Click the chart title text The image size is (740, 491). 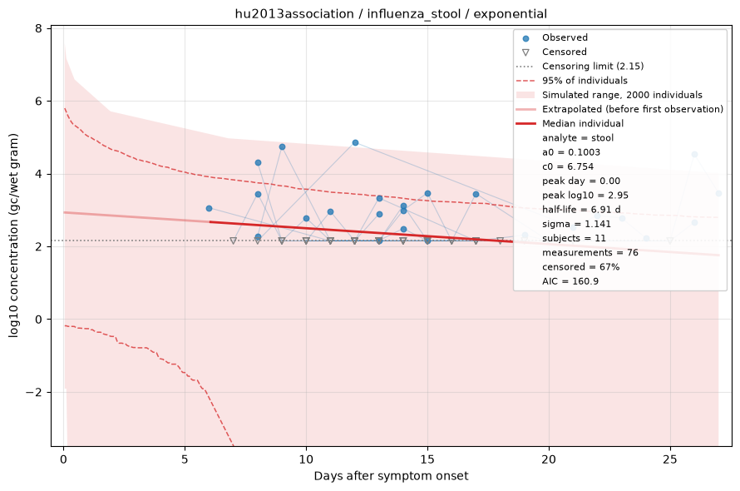(x=391, y=13)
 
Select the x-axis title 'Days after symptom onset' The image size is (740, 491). (x=391, y=476)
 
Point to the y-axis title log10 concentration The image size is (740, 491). (x=13, y=236)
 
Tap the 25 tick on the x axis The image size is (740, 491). (x=670, y=459)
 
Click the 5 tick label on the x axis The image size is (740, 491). (x=185, y=459)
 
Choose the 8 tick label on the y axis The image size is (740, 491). (x=39, y=28)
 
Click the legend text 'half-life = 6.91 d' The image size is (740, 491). (x=581, y=210)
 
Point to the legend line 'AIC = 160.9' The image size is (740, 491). (x=570, y=281)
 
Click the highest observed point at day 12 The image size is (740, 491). (x=355, y=142)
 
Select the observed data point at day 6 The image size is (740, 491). (x=209, y=208)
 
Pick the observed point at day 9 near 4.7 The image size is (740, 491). (x=282, y=147)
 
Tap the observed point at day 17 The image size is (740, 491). (x=476, y=194)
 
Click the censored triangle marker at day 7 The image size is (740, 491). (x=233, y=241)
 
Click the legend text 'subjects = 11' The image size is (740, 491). (x=574, y=238)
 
